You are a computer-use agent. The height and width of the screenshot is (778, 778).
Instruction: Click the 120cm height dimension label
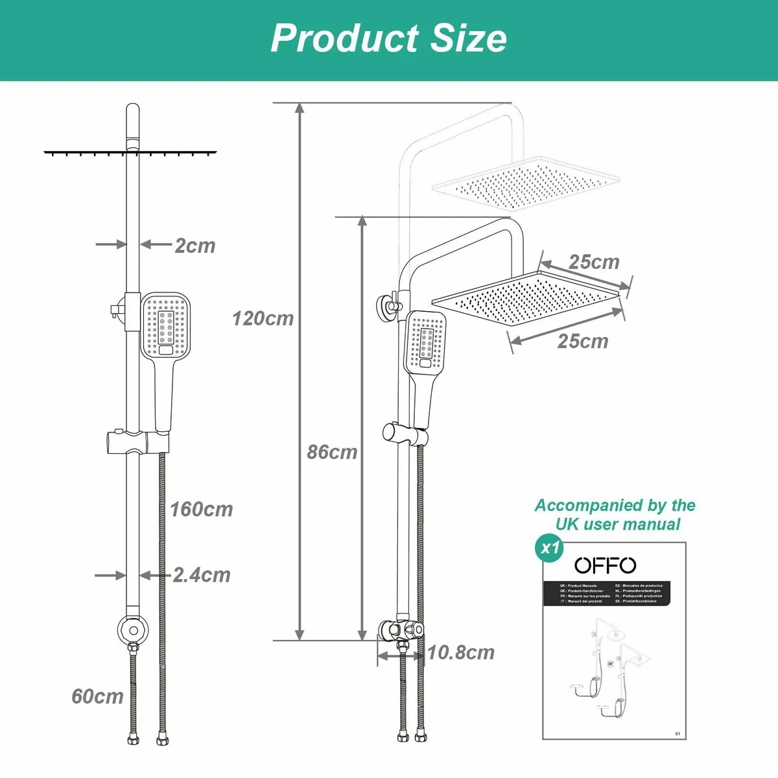click(x=263, y=318)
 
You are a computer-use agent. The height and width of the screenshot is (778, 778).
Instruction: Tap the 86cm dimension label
click(x=332, y=452)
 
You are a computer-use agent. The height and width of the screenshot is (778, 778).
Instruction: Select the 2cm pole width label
click(x=194, y=246)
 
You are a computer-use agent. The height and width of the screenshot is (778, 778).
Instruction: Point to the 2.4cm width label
click(x=202, y=575)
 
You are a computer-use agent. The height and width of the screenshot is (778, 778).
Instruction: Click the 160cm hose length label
click(x=201, y=510)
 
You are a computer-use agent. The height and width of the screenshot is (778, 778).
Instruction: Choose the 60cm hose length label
click(x=97, y=696)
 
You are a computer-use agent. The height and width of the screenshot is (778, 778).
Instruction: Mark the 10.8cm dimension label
click(x=460, y=653)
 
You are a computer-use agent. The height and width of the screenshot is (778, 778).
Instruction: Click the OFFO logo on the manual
click(x=606, y=565)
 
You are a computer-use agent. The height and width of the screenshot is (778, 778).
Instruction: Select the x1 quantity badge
click(x=550, y=548)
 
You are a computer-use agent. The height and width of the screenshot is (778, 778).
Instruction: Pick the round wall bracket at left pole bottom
click(x=132, y=628)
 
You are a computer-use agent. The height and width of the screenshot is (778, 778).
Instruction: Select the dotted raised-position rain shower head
click(x=525, y=183)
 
